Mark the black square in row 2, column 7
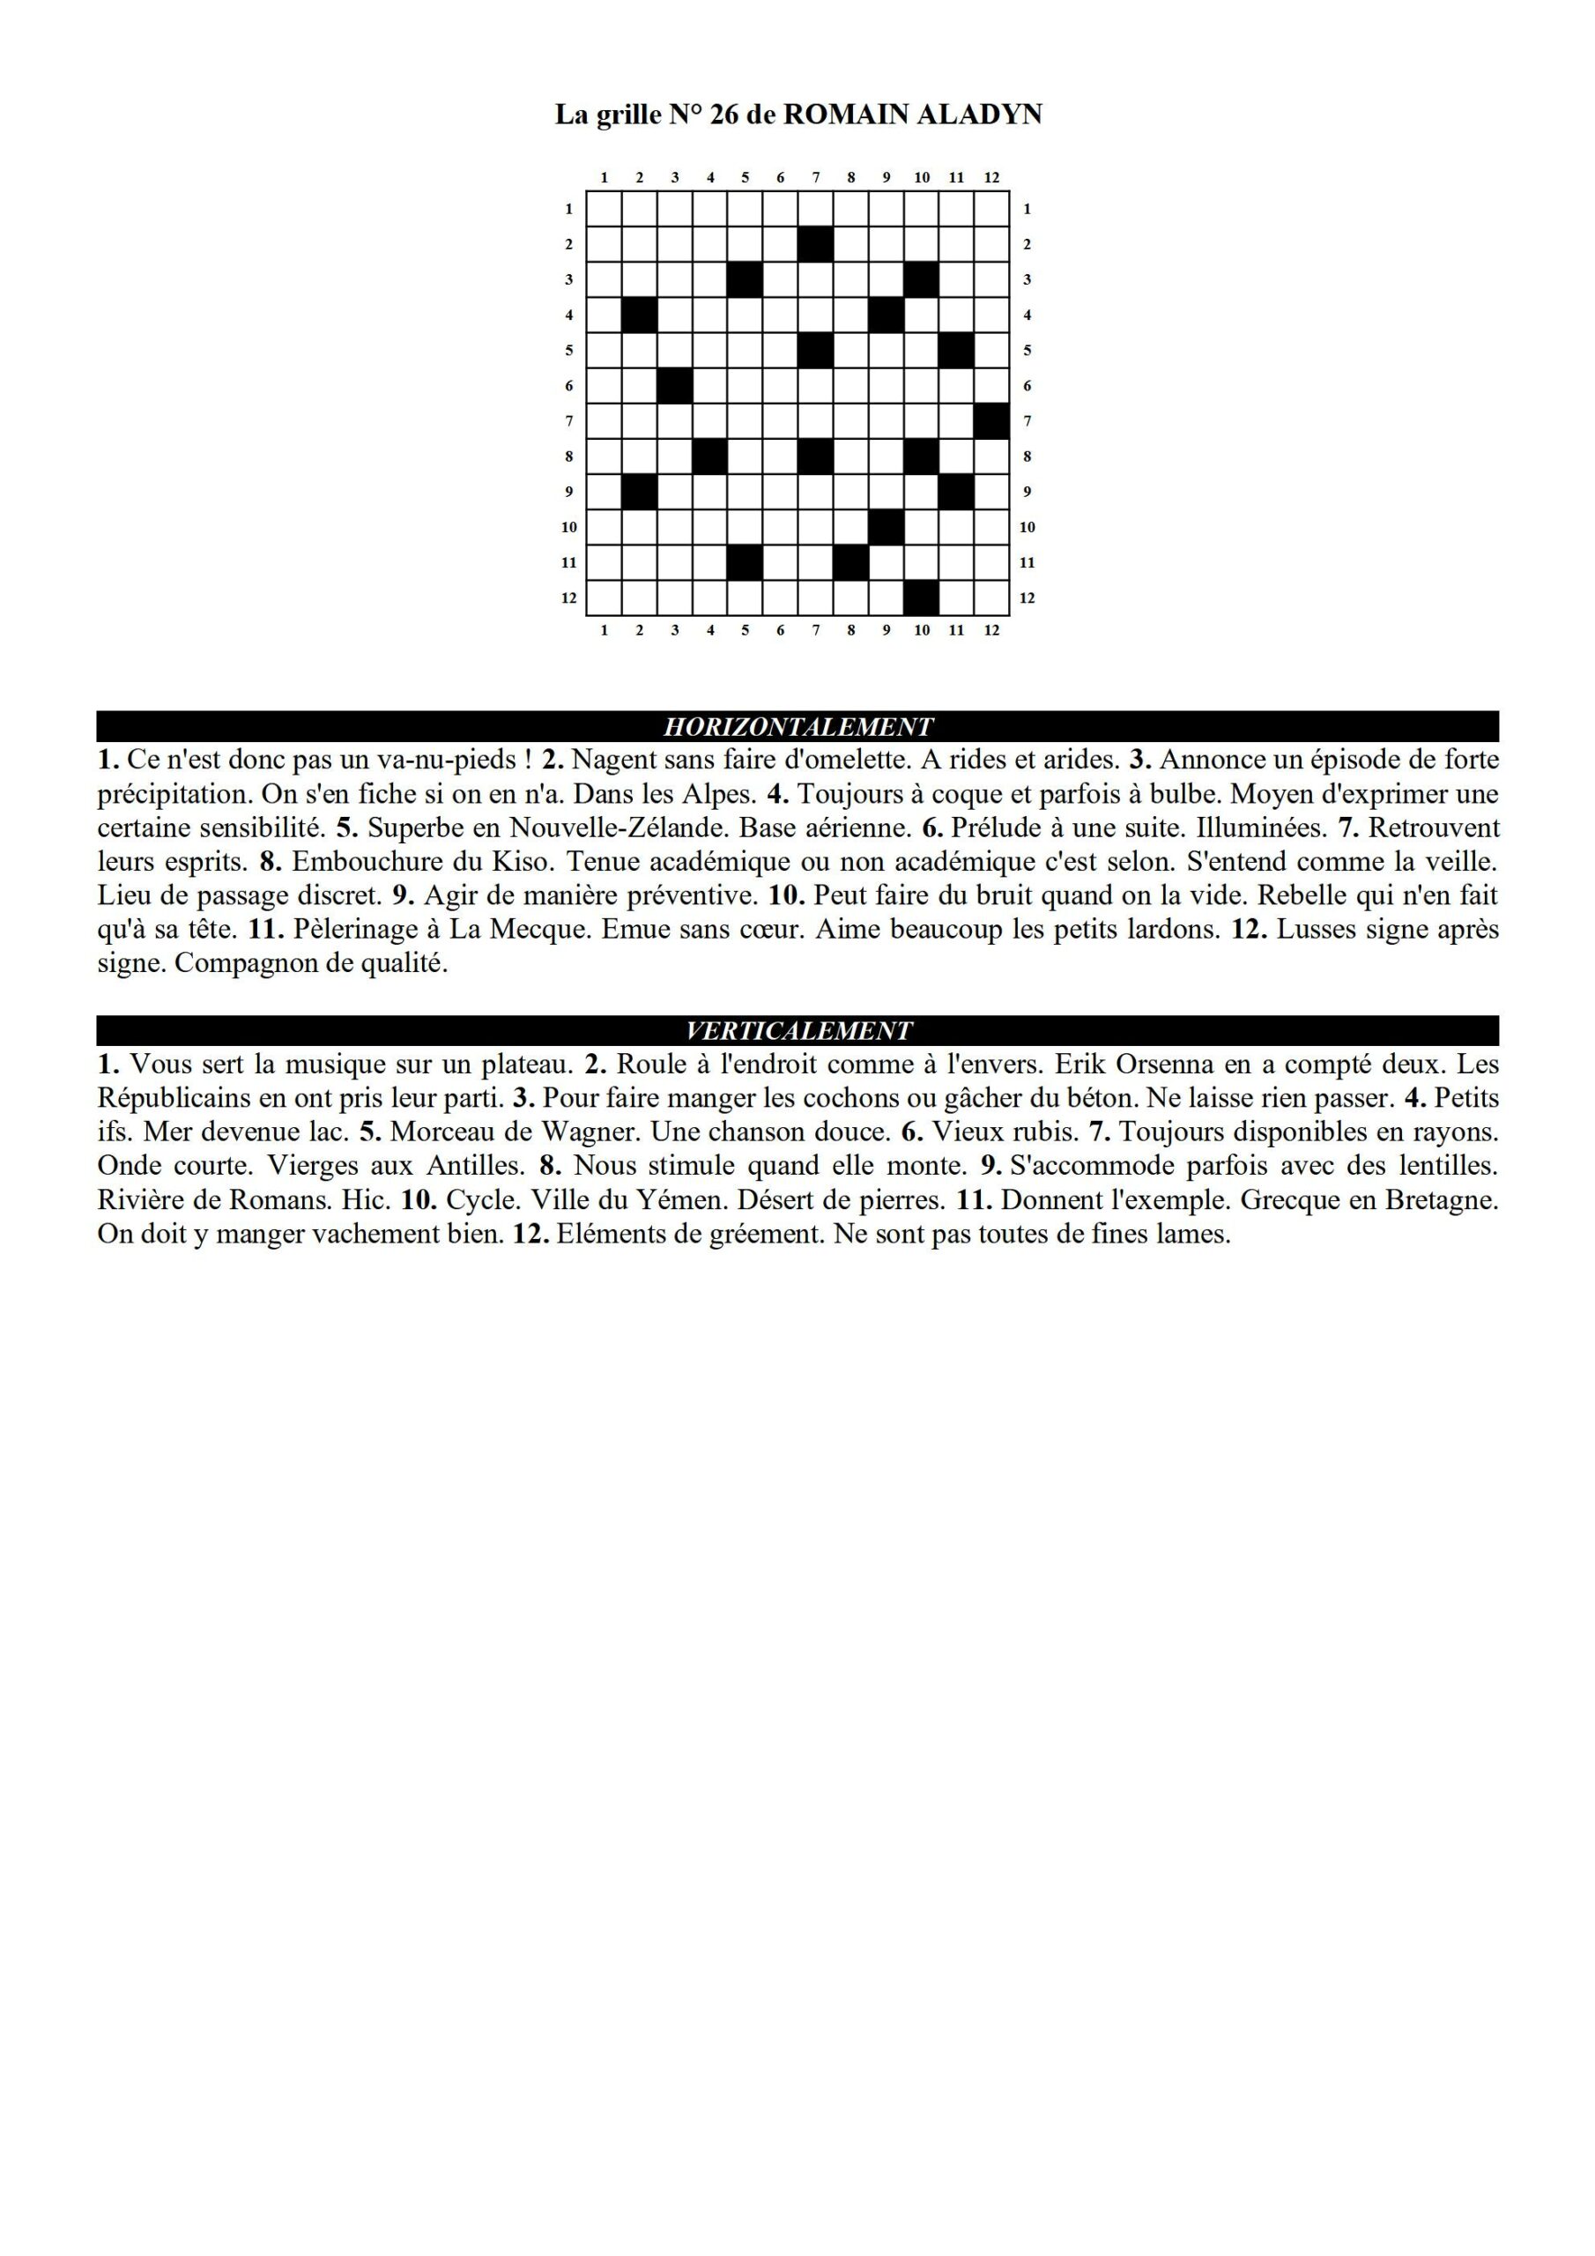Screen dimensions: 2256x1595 point(816,244)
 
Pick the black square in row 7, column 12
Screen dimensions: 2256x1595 point(991,420)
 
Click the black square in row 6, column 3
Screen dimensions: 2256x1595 point(674,385)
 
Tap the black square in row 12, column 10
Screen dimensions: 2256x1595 point(921,597)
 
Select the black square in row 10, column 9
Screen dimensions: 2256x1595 point(887,527)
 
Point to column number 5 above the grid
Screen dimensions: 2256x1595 point(745,178)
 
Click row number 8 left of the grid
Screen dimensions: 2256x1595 point(569,456)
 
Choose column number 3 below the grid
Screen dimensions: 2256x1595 point(674,630)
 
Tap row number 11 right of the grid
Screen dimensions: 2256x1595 point(1027,563)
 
